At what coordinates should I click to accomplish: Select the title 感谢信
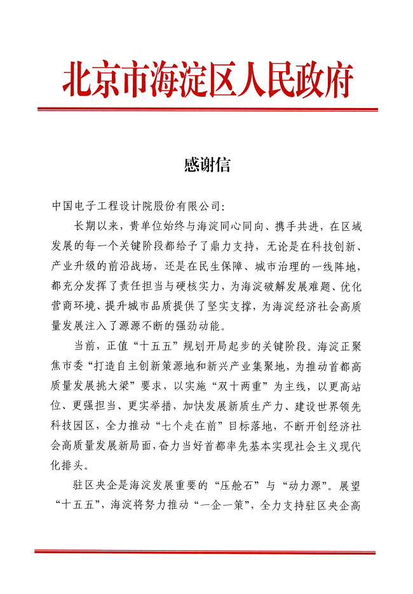tap(207, 165)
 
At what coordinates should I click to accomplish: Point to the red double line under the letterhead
tap(207, 109)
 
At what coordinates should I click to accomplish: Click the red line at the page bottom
tap(207, 551)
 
